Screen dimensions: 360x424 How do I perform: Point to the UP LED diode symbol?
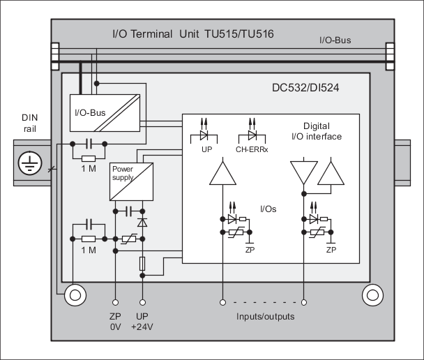click(205, 137)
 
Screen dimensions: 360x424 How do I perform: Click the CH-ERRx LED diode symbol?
click(252, 137)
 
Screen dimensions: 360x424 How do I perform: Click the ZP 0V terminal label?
click(114, 322)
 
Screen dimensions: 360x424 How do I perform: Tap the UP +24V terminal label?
click(143, 322)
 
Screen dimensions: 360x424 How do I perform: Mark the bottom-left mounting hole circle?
click(75, 295)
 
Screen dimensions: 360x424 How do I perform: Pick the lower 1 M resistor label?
click(89, 250)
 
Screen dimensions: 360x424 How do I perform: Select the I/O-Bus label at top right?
click(335, 40)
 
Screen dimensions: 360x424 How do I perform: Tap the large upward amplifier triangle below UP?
click(222, 173)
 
